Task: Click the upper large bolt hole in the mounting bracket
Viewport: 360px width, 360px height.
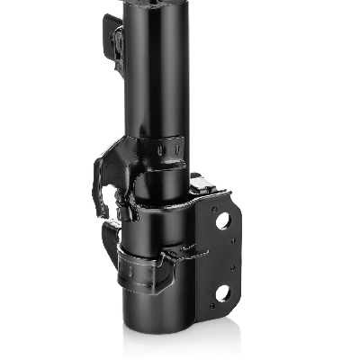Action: pos(223,220)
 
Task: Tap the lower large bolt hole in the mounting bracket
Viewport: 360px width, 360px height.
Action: pos(221,292)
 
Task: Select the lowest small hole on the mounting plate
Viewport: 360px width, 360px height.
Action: pos(212,306)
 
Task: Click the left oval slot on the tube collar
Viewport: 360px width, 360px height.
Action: pos(160,149)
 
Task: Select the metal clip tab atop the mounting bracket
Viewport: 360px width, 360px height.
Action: pos(201,184)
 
